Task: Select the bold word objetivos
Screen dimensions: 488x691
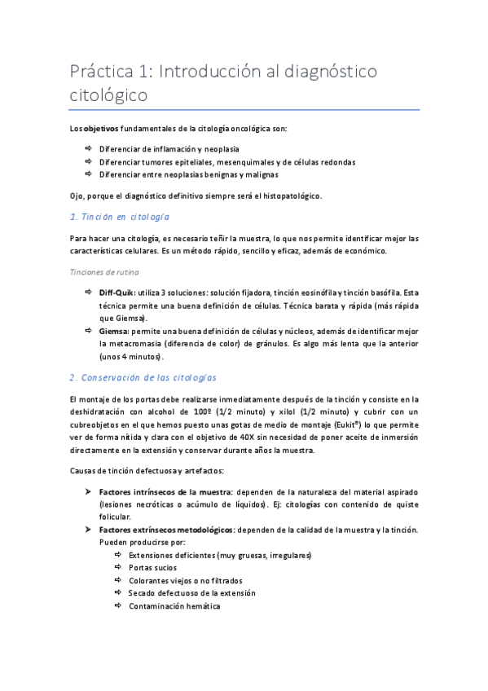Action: [101, 130]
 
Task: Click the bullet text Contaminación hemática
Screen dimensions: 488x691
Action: [174, 605]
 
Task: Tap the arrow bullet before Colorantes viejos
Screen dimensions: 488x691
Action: [118, 579]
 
